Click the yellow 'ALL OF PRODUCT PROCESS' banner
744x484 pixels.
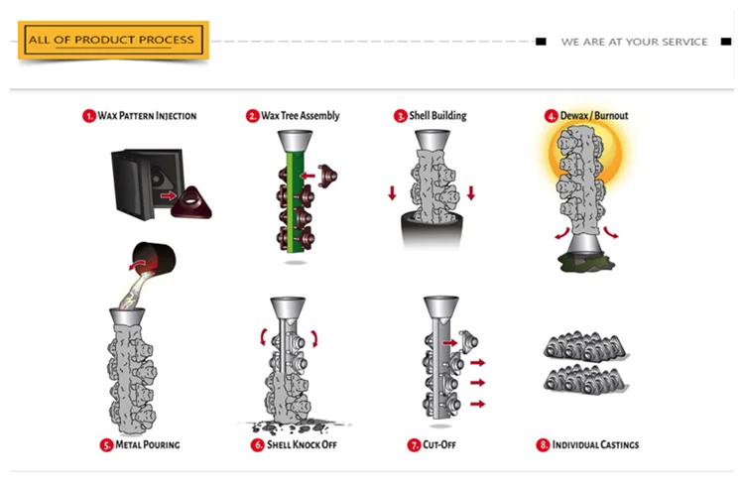[113, 40]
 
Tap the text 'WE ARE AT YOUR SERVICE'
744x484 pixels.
[634, 42]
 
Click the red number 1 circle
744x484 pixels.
[88, 116]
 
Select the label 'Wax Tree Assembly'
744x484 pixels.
[300, 115]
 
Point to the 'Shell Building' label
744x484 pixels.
[437, 115]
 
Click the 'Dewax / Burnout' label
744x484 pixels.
[593, 115]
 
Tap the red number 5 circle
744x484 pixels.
[106, 445]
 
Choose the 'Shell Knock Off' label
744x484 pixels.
[302, 444]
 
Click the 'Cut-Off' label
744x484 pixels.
[438, 444]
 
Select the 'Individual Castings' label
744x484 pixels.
[595, 444]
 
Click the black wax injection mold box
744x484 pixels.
[147, 183]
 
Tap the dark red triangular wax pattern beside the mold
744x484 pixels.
[191, 202]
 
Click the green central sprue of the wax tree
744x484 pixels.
[296, 201]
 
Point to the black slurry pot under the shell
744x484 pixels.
[432, 231]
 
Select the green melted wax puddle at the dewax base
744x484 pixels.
[586, 263]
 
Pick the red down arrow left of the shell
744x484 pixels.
[392, 193]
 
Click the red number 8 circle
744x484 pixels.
[543, 445]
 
